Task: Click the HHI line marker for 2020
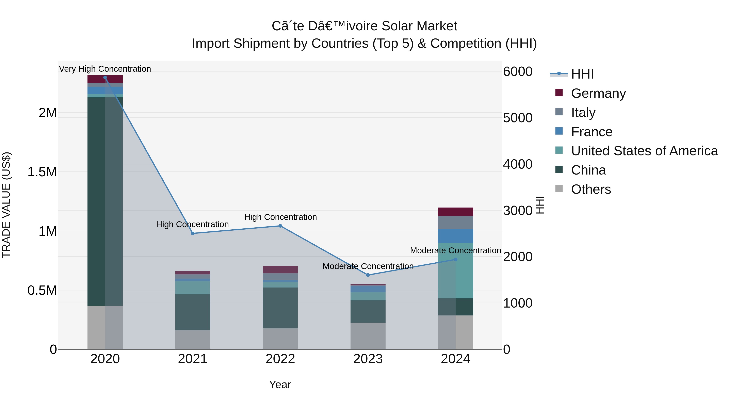click(105, 78)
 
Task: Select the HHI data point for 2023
click(368, 275)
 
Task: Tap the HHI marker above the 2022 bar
click(280, 226)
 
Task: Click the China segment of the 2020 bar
click(105, 201)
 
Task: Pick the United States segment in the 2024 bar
click(455, 270)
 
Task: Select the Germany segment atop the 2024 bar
click(455, 212)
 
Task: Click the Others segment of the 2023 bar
click(368, 336)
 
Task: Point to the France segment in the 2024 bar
click(455, 236)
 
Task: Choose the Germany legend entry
click(598, 93)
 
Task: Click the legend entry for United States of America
click(644, 151)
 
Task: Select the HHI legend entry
click(582, 74)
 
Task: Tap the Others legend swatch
click(559, 189)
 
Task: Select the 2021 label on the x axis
click(192, 359)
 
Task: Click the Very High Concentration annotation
click(105, 69)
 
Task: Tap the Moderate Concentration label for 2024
click(455, 250)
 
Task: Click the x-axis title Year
click(280, 384)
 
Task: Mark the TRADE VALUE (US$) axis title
click(6, 205)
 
